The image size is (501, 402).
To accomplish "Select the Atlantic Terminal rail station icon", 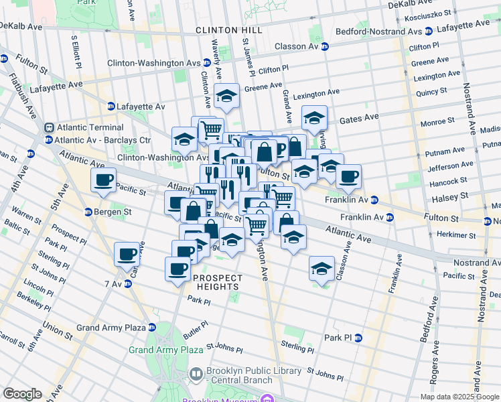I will (x=49, y=127).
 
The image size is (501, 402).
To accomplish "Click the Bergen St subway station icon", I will (x=88, y=212).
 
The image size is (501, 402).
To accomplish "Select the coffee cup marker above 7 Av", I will (x=127, y=255).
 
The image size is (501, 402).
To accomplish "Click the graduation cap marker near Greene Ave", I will (x=226, y=96).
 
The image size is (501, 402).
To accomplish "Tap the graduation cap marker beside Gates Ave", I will (x=314, y=119).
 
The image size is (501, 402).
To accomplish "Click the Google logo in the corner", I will (x=22, y=393).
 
